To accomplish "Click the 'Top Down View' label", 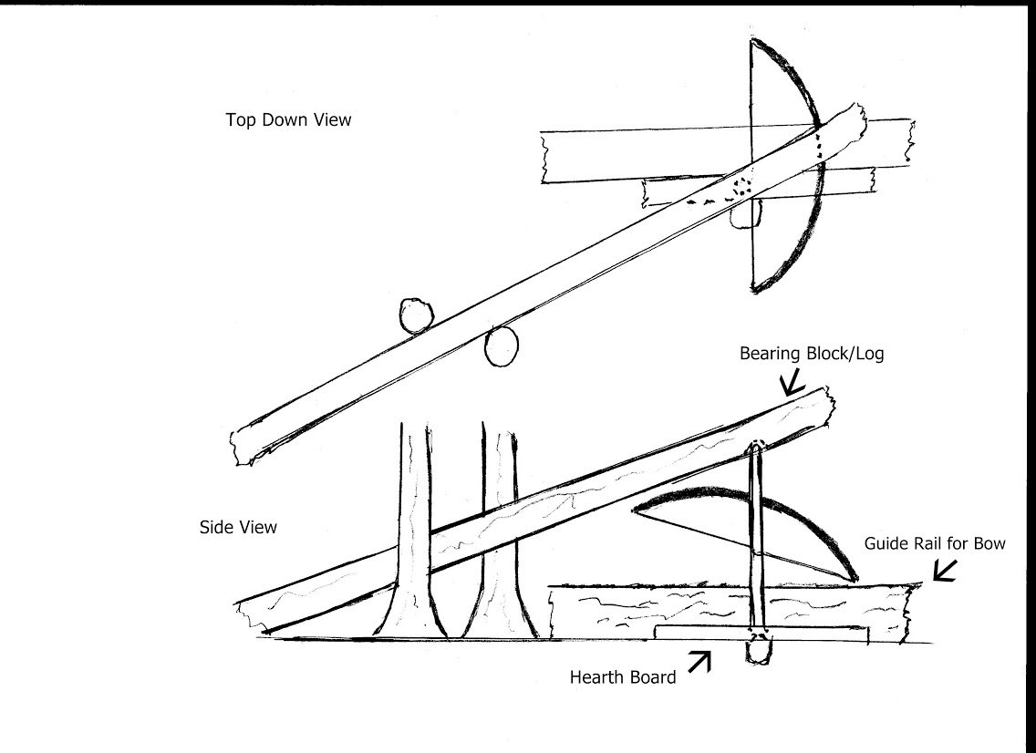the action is point(288,119).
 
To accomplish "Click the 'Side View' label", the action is point(238,527).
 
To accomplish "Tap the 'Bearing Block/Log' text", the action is point(812,354).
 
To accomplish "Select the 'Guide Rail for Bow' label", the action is point(935,543).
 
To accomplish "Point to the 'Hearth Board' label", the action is point(622,677).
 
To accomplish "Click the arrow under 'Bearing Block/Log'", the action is point(792,382).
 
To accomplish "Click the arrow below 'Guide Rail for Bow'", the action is point(946,571).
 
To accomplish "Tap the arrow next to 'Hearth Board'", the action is point(699,663).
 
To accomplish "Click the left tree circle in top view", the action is point(416,315).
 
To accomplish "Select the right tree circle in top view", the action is point(501,346).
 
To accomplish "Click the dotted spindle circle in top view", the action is point(741,187).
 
